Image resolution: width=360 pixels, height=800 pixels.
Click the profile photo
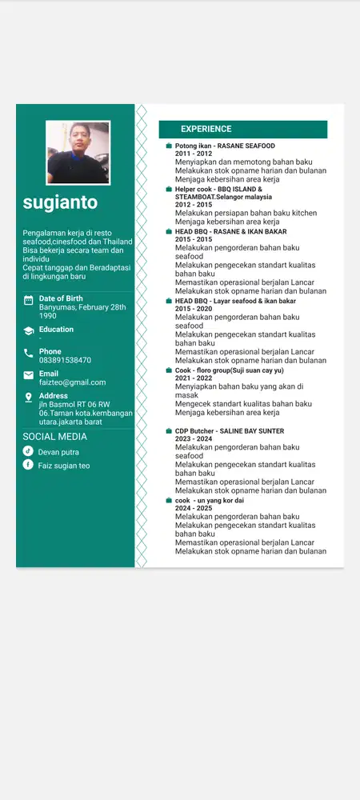pyautogui.click(x=78, y=153)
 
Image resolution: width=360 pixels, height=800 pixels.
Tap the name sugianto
pyautogui.click(x=60, y=202)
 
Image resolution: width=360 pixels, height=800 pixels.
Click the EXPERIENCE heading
pyautogui.click(x=206, y=129)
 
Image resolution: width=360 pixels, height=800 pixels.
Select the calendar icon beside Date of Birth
pyautogui.click(x=29, y=301)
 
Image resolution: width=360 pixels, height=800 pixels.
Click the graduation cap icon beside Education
pyautogui.click(x=29, y=330)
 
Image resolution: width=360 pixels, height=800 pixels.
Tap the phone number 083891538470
pyautogui.click(x=65, y=360)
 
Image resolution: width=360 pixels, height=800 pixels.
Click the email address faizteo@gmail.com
pyautogui.click(x=72, y=382)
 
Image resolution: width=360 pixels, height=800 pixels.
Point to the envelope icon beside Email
pyautogui.click(x=29, y=374)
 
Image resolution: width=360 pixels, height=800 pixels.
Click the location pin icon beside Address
pyautogui.click(x=29, y=397)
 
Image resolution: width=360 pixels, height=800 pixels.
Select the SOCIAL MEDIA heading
pyautogui.click(x=54, y=437)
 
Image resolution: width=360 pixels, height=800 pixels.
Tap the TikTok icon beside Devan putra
pyautogui.click(x=28, y=451)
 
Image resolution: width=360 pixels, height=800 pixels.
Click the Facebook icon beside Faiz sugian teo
pyautogui.click(x=28, y=465)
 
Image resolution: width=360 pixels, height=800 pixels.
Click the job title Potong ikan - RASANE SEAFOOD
pyautogui.click(x=225, y=146)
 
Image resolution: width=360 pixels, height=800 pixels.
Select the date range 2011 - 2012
pyautogui.click(x=194, y=154)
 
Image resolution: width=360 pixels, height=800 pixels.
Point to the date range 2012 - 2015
pyautogui.click(x=194, y=205)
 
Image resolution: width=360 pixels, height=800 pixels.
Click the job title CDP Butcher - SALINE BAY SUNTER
pyautogui.click(x=230, y=431)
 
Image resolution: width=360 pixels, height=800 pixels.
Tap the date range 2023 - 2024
pyautogui.click(x=194, y=439)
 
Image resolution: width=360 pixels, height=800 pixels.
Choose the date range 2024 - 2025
pyautogui.click(x=194, y=508)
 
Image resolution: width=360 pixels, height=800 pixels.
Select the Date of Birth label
pyautogui.click(x=61, y=298)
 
